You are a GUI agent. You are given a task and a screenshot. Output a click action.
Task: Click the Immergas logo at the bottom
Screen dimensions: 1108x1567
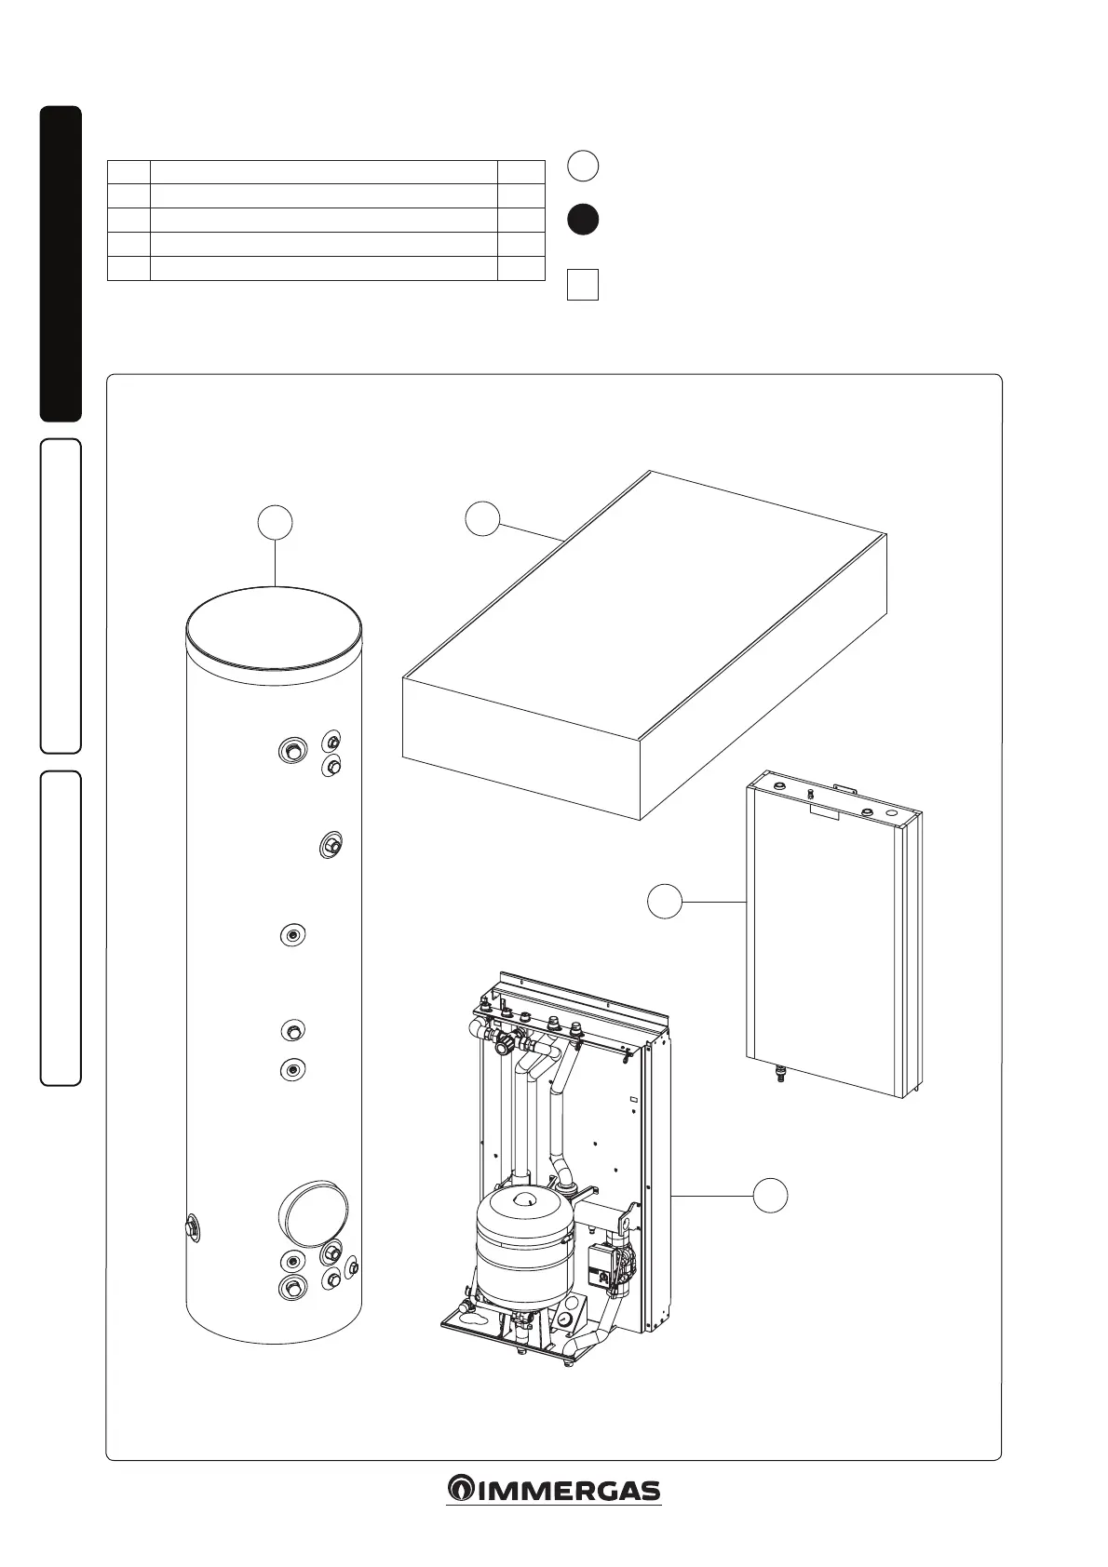click(x=553, y=1489)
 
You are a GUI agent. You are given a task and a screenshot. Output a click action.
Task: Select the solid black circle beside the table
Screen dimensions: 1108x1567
click(x=583, y=219)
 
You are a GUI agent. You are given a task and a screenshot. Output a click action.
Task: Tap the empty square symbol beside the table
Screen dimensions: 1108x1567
click(x=583, y=285)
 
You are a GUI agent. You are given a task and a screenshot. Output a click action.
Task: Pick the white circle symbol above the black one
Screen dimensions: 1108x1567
click(x=583, y=166)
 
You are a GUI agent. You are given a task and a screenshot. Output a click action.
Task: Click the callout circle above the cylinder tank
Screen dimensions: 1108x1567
click(x=276, y=522)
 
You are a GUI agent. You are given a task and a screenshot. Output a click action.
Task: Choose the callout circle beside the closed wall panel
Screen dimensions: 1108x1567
click(x=665, y=902)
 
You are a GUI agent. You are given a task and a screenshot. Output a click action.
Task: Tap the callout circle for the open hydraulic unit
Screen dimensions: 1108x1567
click(x=770, y=1195)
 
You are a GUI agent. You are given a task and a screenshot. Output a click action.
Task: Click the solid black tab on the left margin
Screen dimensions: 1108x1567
click(x=61, y=264)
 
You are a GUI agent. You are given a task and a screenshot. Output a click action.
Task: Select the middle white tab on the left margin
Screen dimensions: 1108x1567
click(x=61, y=596)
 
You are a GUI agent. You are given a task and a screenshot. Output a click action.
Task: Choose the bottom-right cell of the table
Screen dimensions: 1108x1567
click(x=520, y=268)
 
